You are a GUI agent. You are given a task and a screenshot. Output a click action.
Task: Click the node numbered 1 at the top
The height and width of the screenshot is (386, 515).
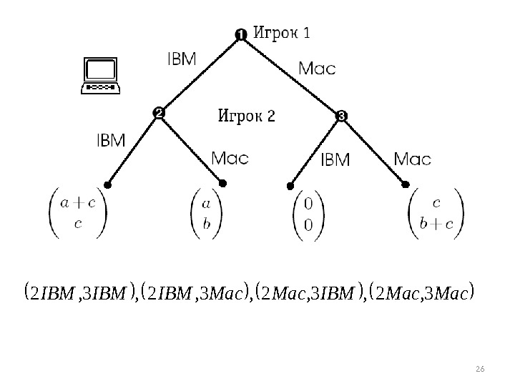[241, 34]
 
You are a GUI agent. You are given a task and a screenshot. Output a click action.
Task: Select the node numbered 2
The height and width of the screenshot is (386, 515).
[159, 113]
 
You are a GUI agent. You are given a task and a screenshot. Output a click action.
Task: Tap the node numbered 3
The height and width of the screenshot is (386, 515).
[341, 115]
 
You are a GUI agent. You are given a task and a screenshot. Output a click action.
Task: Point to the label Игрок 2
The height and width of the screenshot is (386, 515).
[246, 115]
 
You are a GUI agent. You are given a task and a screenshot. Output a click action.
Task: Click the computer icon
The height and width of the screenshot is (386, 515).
[101, 76]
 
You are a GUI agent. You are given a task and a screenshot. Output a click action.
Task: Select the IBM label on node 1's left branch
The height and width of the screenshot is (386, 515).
[181, 60]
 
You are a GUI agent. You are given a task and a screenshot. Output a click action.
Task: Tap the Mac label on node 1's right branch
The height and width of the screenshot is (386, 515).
[316, 69]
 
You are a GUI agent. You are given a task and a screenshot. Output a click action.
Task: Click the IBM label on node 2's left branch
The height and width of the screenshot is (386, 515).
[110, 140]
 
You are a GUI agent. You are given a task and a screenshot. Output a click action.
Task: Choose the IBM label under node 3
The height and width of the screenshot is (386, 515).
[335, 159]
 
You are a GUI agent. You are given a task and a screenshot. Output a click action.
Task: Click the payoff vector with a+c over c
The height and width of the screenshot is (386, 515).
[79, 213]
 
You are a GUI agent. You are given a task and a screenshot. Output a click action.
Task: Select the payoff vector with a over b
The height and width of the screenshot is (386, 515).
[207, 213]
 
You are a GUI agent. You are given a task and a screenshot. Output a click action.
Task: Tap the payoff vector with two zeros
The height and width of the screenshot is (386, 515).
[308, 214]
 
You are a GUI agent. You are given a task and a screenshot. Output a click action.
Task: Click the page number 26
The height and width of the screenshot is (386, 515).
[480, 367]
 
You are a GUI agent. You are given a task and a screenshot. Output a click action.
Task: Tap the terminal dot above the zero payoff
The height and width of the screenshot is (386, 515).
[291, 184]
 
